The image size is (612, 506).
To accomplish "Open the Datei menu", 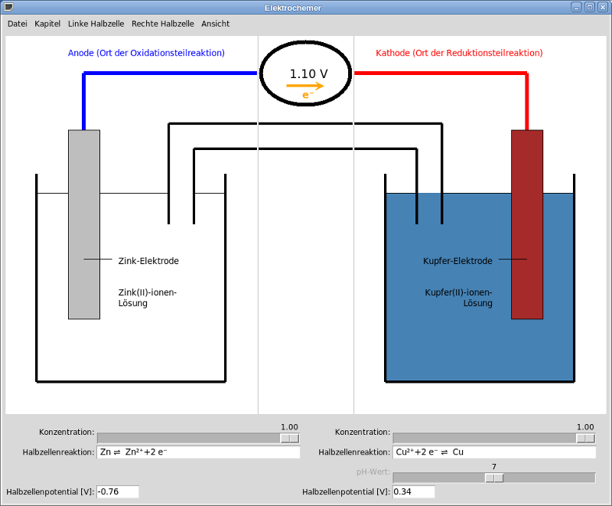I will pos(17,24).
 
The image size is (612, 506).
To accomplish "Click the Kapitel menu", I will pos(47,24).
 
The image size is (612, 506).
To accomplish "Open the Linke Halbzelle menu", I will pos(97,24).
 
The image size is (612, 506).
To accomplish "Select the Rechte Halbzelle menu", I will pos(162,24).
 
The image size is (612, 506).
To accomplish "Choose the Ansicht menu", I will pos(215,24).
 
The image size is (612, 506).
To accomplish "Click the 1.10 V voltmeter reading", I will pos(308,74).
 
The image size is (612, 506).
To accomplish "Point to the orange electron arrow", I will pos(305,87).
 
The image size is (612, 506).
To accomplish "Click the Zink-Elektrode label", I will pos(148,261).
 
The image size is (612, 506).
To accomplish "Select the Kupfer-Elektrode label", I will pos(457,261).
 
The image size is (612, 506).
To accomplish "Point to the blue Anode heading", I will pos(146,53).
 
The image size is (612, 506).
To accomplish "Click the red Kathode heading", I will pos(459,53).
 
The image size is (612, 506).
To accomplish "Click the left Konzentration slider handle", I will pos(289,438).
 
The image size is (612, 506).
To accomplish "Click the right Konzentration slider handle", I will pos(585,438).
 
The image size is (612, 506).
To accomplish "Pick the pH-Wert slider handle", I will pos(494,478).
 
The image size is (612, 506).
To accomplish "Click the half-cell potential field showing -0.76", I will pos(118,491).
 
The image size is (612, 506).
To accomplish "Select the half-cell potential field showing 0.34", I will pos(413,491).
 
